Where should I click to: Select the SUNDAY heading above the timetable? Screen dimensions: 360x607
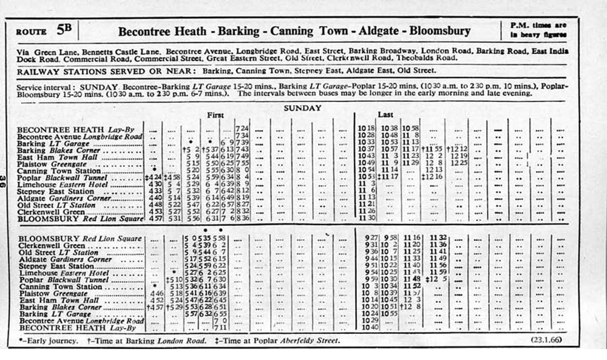[302, 108]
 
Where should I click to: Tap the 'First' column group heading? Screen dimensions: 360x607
[215, 115]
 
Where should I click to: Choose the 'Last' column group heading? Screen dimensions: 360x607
[385, 115]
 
